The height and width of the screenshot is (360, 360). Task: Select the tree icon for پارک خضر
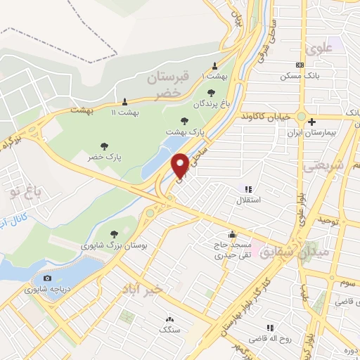pos(104,146)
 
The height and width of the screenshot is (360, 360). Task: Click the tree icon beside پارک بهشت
pos(185,121)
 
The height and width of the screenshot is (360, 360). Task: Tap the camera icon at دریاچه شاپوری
pos(47,278)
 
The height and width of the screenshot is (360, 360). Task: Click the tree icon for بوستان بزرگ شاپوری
pos(114,234)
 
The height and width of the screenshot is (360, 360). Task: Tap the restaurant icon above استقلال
pos(247,188)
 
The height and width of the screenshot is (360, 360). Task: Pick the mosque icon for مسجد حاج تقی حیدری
pos(232,234)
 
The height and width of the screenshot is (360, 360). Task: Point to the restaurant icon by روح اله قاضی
pos(269,328)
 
